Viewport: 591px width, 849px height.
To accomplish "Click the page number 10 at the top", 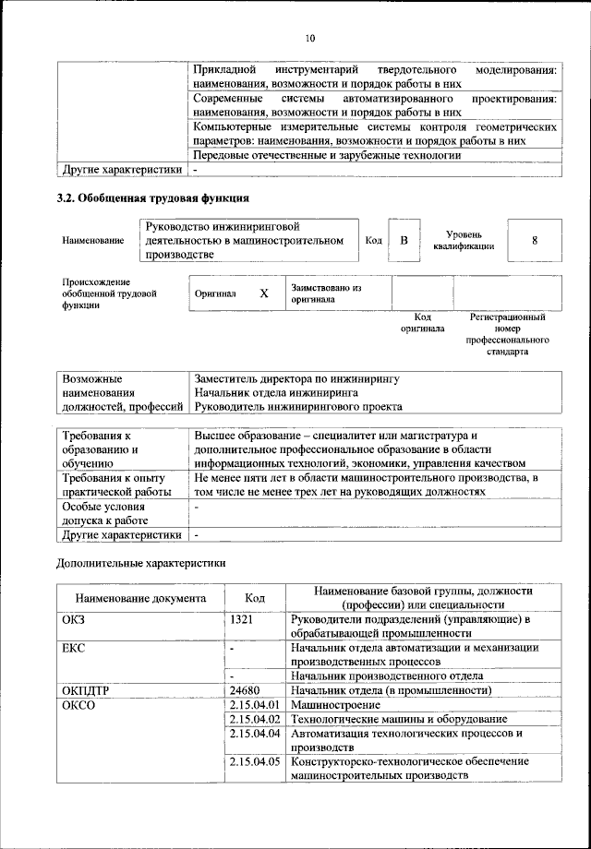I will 309,38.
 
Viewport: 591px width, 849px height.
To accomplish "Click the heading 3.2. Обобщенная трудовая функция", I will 152,197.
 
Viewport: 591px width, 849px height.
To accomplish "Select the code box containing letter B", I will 404,241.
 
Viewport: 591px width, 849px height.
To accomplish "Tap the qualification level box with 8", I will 534,241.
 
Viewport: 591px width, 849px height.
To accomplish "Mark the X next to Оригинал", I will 263,293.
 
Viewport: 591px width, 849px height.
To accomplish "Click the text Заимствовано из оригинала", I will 326,293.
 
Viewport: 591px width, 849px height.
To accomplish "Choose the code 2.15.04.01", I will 254,704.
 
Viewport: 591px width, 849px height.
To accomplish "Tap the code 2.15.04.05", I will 254,761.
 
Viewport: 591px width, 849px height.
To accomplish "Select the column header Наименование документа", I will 140,598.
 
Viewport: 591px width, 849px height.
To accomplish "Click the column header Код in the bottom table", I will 255,598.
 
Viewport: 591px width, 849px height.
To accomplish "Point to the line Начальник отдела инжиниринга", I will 274,392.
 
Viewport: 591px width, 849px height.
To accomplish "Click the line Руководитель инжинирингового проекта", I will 297,406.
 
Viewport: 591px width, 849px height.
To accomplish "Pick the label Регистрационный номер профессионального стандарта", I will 507,334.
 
